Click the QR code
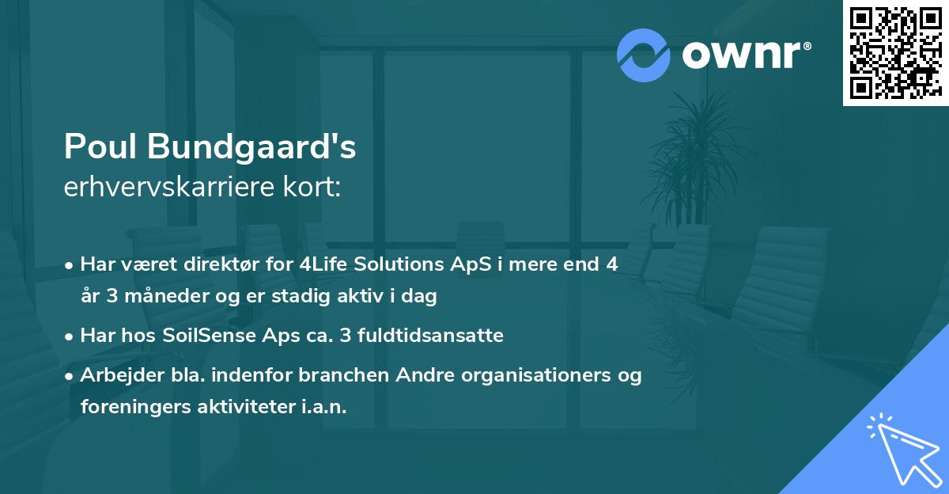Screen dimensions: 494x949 coord(895,52)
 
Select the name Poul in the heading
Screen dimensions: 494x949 coord(98,147)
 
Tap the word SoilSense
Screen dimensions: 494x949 coord(210,336)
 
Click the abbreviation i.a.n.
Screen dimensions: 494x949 coord(323,407)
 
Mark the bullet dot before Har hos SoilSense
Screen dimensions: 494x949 coord(70,336)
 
